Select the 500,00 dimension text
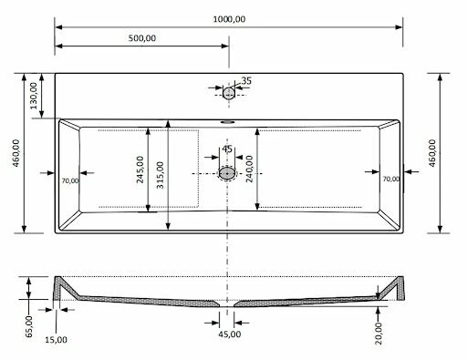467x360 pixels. [141, 38]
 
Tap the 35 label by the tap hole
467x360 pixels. [246, 81]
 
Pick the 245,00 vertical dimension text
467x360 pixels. [140, 170]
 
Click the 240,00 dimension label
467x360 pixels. [248, 170]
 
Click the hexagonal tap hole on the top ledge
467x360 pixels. [228, 92]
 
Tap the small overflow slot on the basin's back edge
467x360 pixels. [228, 120]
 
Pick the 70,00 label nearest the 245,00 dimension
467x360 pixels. [70, 180]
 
